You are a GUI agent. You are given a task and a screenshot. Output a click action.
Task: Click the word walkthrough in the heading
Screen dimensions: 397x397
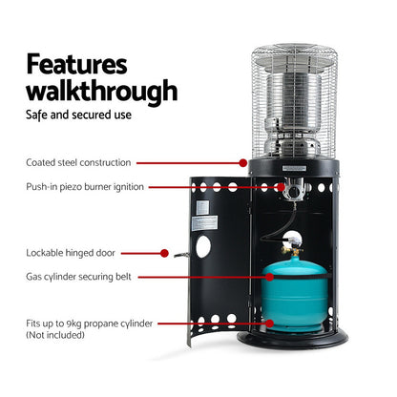tap(101, 93)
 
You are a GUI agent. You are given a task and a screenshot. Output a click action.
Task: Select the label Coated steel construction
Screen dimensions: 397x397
tap(78, 163)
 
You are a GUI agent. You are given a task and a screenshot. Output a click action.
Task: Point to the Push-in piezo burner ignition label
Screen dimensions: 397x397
tap(85, 187)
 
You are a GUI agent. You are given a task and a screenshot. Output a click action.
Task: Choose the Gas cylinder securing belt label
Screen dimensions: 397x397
tap(78, 277)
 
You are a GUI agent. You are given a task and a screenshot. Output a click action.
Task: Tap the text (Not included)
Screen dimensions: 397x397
tap(53, 336)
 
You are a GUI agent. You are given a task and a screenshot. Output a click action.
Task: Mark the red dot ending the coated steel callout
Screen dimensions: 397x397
tap(249, 163)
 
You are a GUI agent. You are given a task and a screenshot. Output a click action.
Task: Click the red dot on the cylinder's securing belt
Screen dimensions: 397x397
tap(273, 277)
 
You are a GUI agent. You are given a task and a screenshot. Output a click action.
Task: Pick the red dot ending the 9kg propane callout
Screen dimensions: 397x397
tap(272, 324)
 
